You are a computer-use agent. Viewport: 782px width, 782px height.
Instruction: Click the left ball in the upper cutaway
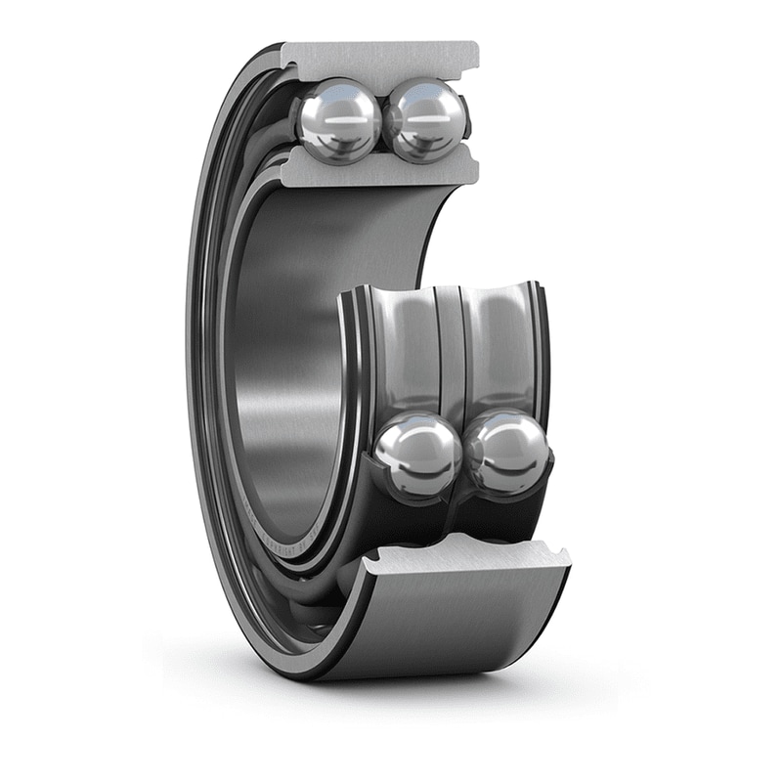tap(337, 120)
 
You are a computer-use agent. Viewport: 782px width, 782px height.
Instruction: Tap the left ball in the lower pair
tap(417, 455)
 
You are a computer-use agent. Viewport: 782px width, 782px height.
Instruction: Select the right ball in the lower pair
tap(507, 453)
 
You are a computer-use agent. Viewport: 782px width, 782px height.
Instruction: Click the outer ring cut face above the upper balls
tap(381, 59)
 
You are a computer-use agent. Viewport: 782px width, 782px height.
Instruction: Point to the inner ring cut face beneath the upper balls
tap(381, 170)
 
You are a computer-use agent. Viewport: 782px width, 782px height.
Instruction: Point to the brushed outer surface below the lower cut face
tap(459, 626)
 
